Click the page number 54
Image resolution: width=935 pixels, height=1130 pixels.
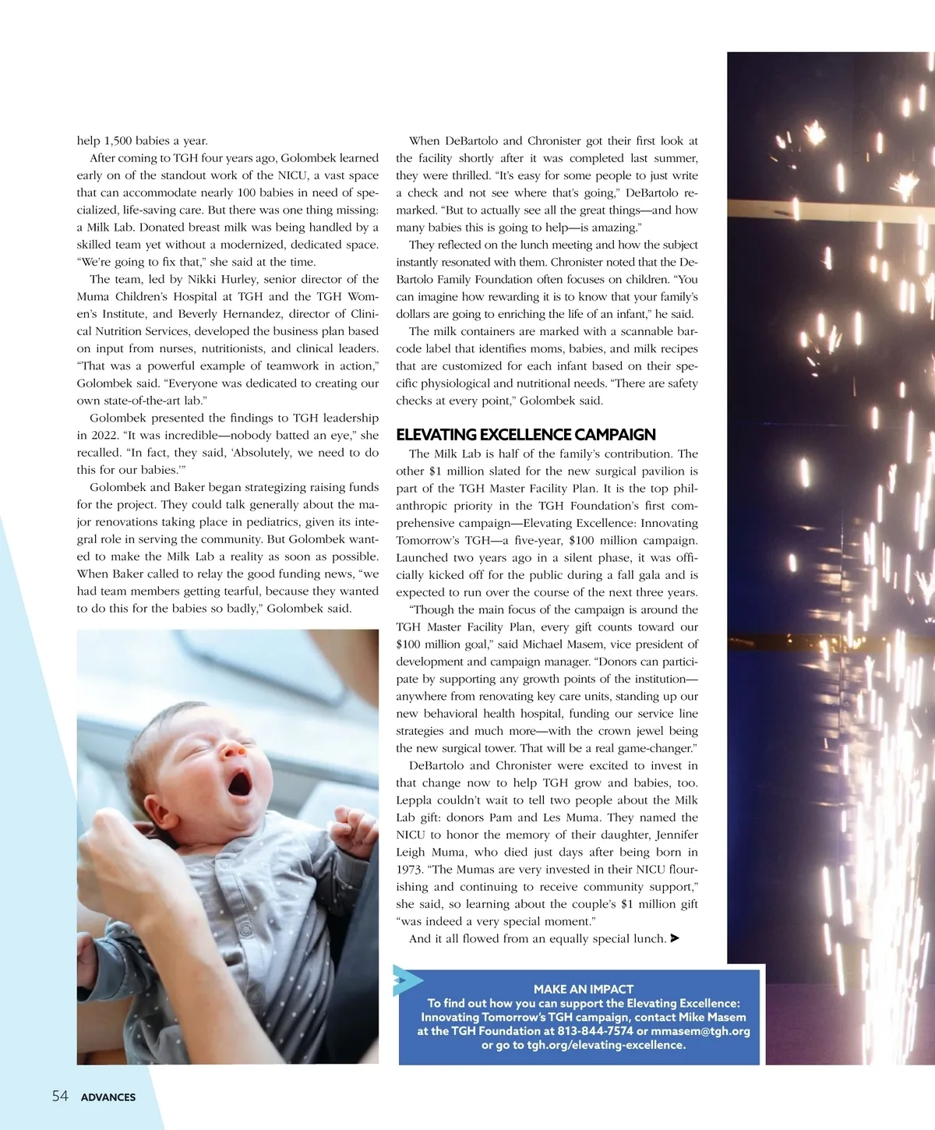click(60, 1096)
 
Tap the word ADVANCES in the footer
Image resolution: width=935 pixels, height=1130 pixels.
click(108, 1097)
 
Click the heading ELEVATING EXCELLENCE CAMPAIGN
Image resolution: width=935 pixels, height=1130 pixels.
click(525, 435)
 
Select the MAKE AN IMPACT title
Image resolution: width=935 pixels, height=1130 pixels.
click(584, 989)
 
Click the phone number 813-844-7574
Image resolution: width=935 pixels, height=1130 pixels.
click(595, 1031)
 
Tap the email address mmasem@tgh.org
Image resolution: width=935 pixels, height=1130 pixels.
click(700, 1031)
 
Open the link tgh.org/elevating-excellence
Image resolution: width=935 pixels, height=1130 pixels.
click(606, 1045)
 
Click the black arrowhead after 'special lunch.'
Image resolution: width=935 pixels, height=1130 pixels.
click(675, 938)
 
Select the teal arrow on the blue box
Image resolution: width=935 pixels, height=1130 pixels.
click(407, 980)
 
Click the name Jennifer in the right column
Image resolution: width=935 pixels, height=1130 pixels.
click(676, 835)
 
